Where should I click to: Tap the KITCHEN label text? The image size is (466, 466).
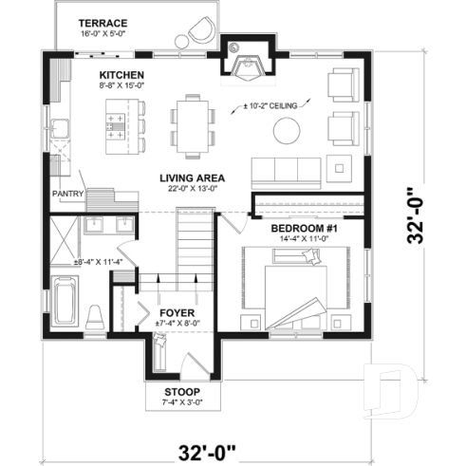tap(121, 74)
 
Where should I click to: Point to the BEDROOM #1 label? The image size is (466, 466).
tap(305, 230)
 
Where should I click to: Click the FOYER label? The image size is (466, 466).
tap(177, 310)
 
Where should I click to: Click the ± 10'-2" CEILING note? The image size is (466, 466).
tap(273, 105)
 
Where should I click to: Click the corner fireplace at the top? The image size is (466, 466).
tap(252, 65)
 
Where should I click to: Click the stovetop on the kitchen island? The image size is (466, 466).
tap(118, 121)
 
